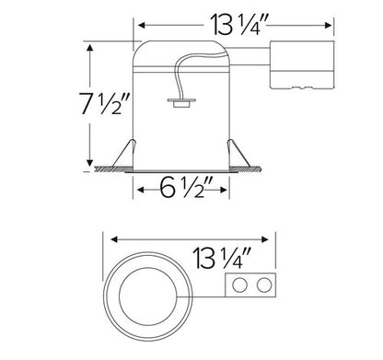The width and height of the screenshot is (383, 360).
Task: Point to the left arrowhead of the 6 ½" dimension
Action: (140, 191)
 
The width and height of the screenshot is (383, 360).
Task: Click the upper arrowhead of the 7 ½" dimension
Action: (90, 46)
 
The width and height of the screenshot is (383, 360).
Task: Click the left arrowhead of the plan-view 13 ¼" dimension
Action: (103, 235)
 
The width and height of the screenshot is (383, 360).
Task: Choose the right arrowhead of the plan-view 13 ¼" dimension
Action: (274, 235)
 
